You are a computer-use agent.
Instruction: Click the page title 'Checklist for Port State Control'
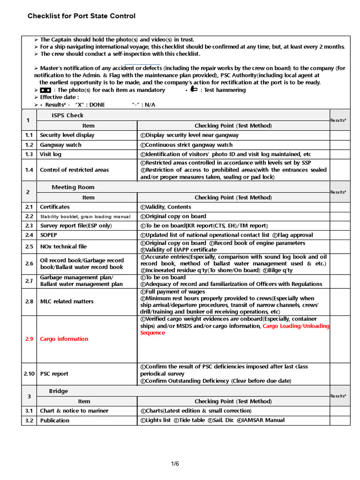tap(82, 16)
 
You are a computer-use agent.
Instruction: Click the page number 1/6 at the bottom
tap(175, 464)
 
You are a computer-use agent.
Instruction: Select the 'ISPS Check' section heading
tap(67, 115)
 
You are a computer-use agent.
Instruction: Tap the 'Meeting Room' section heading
tap(70, 187)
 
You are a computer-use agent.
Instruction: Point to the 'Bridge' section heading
tap(59, 391)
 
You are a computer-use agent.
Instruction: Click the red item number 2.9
tap(29, 339)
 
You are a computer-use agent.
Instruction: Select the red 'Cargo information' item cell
tap(64, 339)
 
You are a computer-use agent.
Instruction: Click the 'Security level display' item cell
tap(67, 135)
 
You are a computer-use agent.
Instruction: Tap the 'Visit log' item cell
tap(51, 154)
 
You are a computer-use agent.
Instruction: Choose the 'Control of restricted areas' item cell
tap(74, 170)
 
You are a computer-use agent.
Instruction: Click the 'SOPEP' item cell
tap(49, 235)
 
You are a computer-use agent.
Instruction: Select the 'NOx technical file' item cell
tap(63, 247)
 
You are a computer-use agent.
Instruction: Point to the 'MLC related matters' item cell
tap(67, 301)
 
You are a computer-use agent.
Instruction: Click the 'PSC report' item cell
tap(54, 374)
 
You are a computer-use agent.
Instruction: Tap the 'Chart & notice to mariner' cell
tap(74, 411)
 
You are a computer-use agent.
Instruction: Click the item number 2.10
tap(29, 374)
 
